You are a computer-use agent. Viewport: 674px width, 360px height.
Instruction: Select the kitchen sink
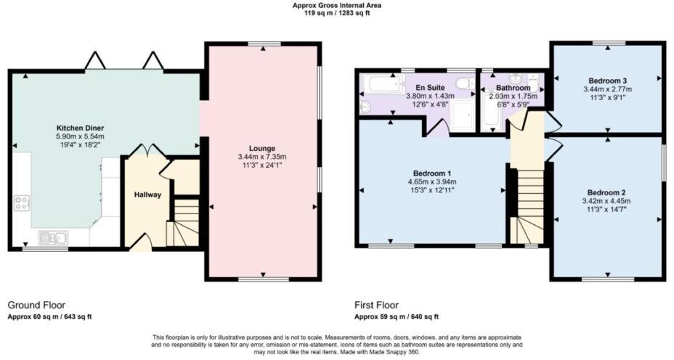(53, 237)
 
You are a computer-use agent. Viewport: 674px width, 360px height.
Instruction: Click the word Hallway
(147, 195)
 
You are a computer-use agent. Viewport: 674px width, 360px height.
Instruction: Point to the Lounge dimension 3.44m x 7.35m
(262, 157)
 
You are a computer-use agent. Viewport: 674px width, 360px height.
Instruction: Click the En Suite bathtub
(382, 85)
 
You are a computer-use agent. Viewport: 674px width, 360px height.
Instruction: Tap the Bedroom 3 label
(607, 80)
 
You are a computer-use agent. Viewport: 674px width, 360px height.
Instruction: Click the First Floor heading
(376, 306)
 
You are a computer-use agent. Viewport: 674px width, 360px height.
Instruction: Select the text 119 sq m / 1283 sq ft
(336, 13)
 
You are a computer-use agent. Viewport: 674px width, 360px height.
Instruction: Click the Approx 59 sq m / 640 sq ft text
(396, 317)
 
